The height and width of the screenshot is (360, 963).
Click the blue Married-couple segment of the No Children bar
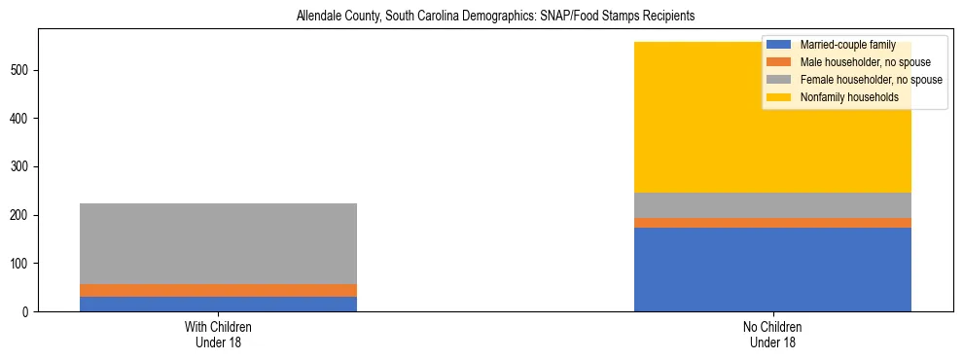[772, 270]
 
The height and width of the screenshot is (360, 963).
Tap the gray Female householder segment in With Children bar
[218, 243]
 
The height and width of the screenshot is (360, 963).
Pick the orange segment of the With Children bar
[218, 290]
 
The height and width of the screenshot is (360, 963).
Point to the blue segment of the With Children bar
[218, 304]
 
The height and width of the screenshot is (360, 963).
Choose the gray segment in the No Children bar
[772, 205]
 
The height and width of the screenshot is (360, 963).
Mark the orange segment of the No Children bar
[772, 223]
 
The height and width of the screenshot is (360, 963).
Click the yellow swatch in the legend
[779, 97]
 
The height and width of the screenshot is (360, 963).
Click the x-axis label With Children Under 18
[218, 334]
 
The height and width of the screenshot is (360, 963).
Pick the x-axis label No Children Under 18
[772, 334]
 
